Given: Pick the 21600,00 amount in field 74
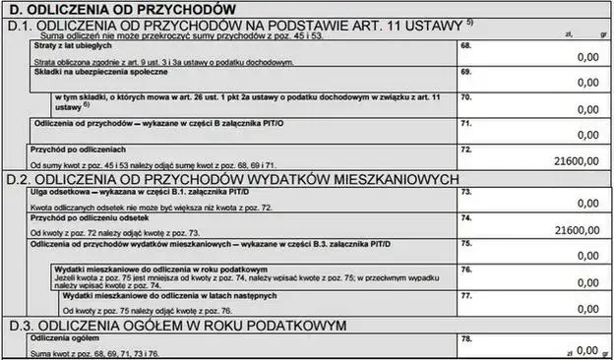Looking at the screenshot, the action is [x=577, y=230].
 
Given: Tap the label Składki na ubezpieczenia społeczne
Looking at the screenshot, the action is [x=99, y=72].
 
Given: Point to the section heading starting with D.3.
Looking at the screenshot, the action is [x=176, y=324].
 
